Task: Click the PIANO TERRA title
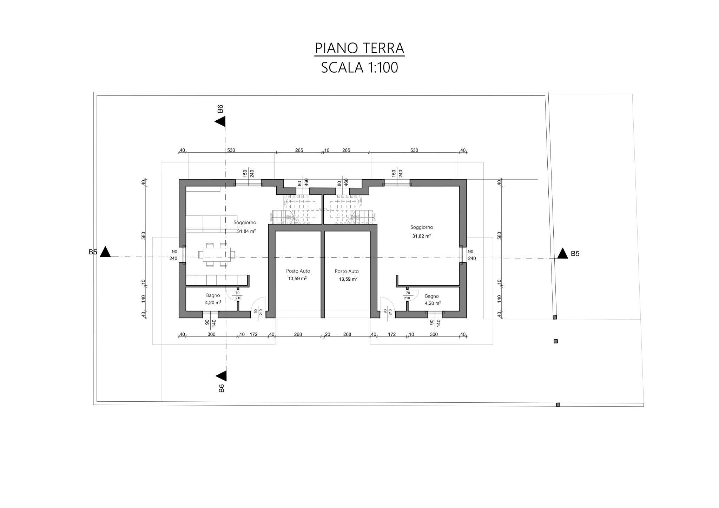pyautogui.click(x=359, y=48)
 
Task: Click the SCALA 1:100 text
pyautogui.click(x=359, y=67)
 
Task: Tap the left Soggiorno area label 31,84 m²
pyautogui.click(x=246, y=231)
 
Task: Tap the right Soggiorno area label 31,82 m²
pyautogui.click(x=422, y=236)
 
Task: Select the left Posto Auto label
pyautogui.click(x=298, y=271)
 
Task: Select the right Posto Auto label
pyautogui.click(x=347, y=271)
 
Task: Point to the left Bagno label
pyautogui.click(x=213, y=295)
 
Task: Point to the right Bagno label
pyautogui.click(x=431, y=296)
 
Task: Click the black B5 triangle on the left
pyautogui.click(x=105, y=253)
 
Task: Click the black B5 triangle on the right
pyautogui.click(x=562, y=254)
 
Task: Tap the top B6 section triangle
pyautogui.click(x=221, y=122)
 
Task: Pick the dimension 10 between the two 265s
pyautogui.click(x=326, y=151)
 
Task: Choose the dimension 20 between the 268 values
pyautogui.click(x=327, y=334)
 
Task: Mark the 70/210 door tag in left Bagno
pyautogui.click(x=237, y=295)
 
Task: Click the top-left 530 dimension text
pyautogui.click(x=231, y=151)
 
